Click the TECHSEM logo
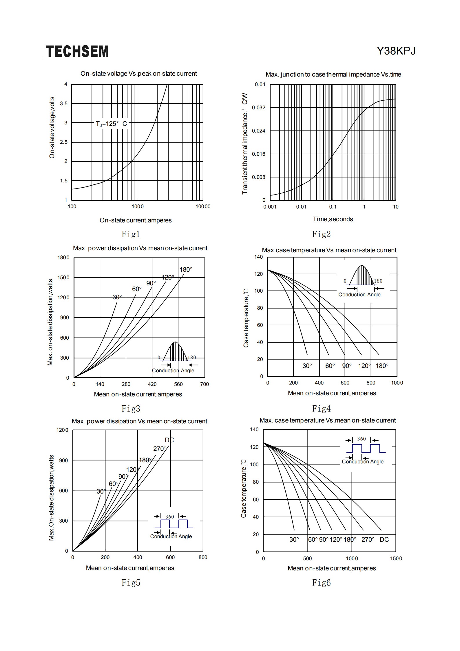click(77, 51)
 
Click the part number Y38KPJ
click(396, 51)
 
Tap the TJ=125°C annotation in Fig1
click(112, 124)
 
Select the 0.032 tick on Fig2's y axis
click(259, 108)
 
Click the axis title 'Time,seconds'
click(333, 219)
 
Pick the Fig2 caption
click(321, 234)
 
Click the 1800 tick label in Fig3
click(63, 258)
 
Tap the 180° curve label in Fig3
click(186, 270)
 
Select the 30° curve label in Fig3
click(117, 297)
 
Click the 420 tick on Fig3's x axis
click(152, 384)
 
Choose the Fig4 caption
click(321, 409)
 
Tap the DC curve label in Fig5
click(169, 440)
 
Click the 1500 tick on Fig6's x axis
click(396, 558)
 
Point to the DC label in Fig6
click(384, 540)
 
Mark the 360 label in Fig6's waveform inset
click(362, 439)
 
